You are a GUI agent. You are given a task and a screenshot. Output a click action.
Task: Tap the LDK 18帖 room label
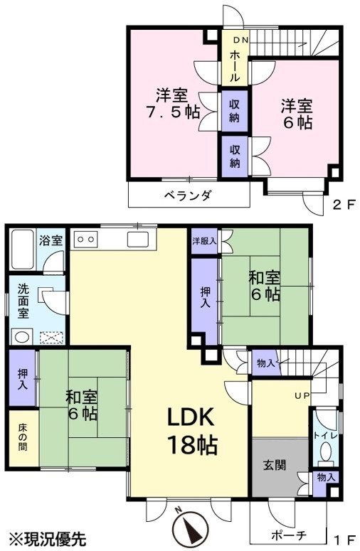click(191, 431)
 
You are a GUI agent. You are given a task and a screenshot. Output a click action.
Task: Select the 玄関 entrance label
click(275, 465)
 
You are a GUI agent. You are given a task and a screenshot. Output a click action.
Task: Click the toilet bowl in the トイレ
click(326, 451)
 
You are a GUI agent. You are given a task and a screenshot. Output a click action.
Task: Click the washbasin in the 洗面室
click(22, 337)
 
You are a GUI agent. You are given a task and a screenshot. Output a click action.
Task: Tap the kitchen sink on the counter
click(137, 240)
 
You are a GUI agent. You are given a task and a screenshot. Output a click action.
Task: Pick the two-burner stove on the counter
click(85, 240)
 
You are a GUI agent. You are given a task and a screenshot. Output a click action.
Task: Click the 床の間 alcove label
click(22, 437)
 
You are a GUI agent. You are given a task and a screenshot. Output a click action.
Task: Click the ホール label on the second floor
click(235, 66)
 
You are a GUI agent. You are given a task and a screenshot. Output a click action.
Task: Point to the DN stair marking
click(241, 40)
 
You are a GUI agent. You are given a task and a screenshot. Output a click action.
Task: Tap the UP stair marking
click(302, 396)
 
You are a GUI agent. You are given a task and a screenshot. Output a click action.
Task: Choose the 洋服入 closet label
click(204, 241)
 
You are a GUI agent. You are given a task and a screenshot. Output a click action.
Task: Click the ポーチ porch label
click(289, 535)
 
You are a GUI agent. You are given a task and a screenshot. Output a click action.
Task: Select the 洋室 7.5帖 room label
click(173, 103)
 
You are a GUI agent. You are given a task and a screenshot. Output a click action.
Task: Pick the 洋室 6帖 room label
click(297, 114)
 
